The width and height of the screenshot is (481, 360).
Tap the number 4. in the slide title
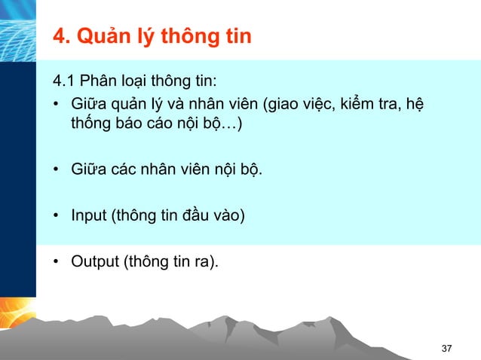point(60,36)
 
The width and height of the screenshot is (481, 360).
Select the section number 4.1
point(63,81)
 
